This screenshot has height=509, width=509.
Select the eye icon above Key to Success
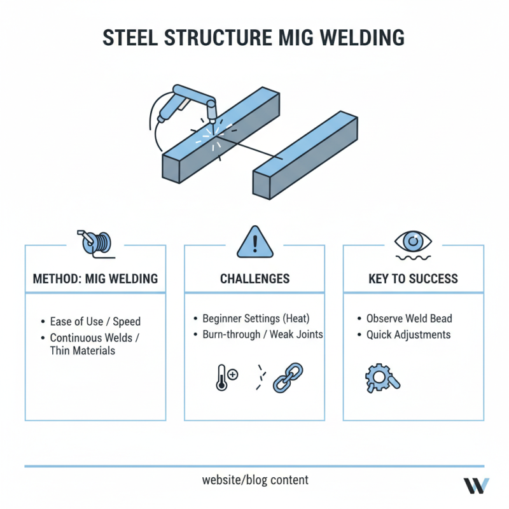click(x=413, y=242)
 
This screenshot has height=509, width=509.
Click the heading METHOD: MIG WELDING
click(x=95, y=279)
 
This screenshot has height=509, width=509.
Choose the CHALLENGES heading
click(x=254, y=279)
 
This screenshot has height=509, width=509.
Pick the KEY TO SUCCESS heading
click(x=413, y=279)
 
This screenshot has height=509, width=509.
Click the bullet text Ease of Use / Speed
click(x=95, y=322)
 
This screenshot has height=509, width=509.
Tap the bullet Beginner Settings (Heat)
click(x=256, y=318)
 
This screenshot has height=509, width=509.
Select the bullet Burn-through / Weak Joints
click(x=262, y=335)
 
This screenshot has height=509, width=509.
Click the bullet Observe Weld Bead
click(x=409, y=318)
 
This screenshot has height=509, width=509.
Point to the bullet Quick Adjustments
click(x=408, y=335)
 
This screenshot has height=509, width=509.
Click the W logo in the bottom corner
click(x=476, y=485)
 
